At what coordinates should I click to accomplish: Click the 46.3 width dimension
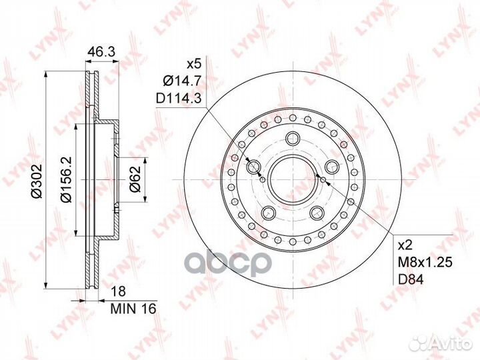tap(101, 52)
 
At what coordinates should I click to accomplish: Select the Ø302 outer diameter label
tap(37, 181)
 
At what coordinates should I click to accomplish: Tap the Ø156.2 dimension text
tap(66, 179)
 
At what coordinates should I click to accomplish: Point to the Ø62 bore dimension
tap(135, 179)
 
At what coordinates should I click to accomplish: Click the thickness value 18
tap(118, 291)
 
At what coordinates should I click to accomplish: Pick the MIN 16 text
tap(133, 309)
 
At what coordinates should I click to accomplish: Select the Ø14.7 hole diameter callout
tap(182, 81)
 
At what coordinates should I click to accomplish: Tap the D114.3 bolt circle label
tap(179, 99)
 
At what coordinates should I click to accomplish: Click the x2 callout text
tap(405, 245)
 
